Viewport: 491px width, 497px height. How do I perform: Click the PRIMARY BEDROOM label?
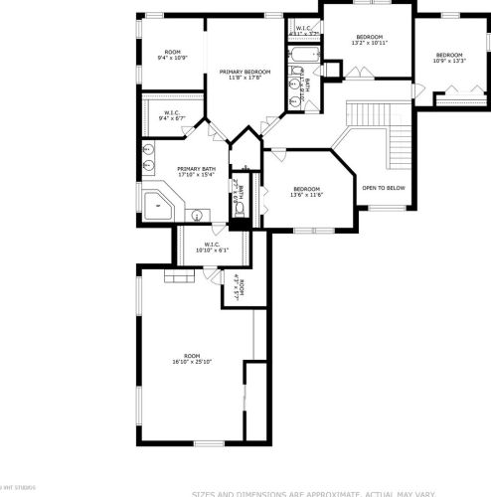(245, 72)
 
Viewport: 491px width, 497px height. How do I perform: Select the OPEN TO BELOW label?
(383, 187)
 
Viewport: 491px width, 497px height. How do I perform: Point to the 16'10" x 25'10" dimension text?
(192, 362)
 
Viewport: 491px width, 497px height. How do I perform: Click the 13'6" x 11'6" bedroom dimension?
(306, 195)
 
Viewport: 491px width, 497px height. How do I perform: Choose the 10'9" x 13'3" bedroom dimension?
(448, 61)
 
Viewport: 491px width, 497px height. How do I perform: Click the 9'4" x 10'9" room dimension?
(173, 58)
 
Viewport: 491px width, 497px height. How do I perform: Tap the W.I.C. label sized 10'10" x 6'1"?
(212, 249)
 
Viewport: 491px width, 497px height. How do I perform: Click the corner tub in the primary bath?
(157, 206)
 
